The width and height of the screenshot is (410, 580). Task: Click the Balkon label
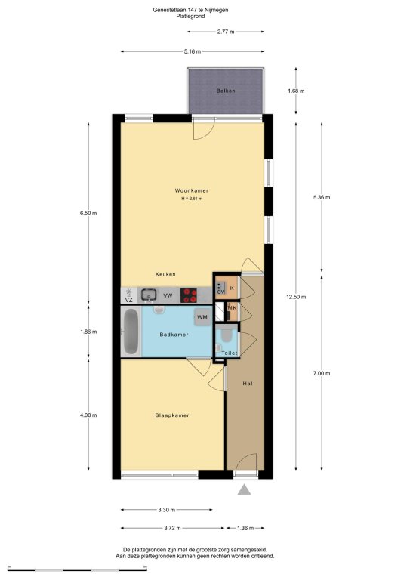[226, 91]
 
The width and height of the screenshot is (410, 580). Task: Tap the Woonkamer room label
[192, 190]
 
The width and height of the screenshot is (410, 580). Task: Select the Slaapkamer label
[172, 415]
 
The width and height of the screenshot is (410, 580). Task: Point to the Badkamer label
[174, 335]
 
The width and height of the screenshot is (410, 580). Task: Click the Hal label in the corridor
[248, 384]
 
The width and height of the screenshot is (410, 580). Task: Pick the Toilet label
[230, 353]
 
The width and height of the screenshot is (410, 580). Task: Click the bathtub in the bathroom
[131, 332]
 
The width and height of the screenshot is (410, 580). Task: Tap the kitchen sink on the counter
[149, 295]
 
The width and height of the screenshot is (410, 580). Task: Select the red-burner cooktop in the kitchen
[190, 295]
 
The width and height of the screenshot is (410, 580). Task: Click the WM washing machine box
[202, 317]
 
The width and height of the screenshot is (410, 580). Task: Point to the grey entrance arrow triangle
[244, 489]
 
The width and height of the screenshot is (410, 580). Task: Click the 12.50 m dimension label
[296, 297]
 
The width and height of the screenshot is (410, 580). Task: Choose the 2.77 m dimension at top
[226, 32]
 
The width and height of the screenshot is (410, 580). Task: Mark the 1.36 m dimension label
[245, 528]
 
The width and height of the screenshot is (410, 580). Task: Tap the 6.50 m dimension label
[88, 213]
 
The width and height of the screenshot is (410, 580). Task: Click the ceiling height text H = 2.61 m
[192, 199]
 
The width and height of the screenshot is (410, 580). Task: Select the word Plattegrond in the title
[190, 17]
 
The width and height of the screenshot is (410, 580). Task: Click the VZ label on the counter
[128, 300]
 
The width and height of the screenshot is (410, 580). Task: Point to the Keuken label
[165, 274]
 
